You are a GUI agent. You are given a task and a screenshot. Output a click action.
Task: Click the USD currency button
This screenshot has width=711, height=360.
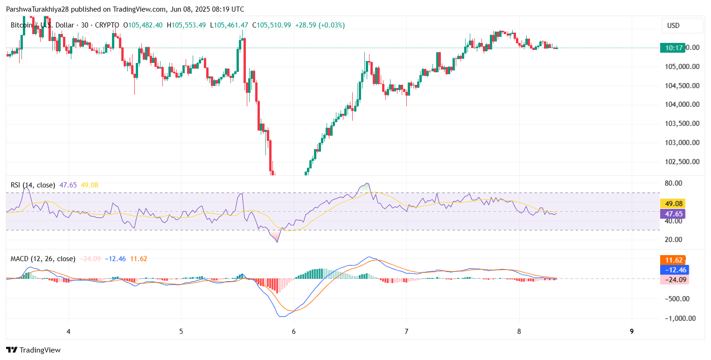click(x=682, y=26)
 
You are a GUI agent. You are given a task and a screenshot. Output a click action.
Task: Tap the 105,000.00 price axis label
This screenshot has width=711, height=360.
click(x=682, y=66)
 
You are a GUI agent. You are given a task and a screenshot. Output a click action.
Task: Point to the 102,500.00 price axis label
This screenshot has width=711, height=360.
click(x=682, y=161)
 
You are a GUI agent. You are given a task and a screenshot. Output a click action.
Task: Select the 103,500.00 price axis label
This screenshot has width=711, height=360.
click(x=682, y=123)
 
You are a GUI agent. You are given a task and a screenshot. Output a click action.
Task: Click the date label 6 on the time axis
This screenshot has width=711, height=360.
click(x=294, y=332)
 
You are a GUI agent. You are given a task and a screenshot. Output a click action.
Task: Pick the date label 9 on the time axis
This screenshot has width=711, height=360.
click(x=632, y=332)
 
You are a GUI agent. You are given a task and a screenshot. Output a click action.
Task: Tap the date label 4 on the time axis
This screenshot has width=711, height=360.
click(x=69, y=332)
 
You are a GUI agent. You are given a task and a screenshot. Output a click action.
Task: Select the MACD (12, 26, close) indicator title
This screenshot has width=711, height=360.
click(x=43, y=259)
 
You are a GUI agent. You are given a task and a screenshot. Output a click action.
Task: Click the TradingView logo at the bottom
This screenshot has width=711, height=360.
click(x=34, y=350)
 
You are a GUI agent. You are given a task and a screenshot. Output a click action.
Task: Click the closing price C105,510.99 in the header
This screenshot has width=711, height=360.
click(x=272, y=25)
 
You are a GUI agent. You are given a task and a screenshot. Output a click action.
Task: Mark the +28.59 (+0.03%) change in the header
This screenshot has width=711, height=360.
click(x=320, y=25)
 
